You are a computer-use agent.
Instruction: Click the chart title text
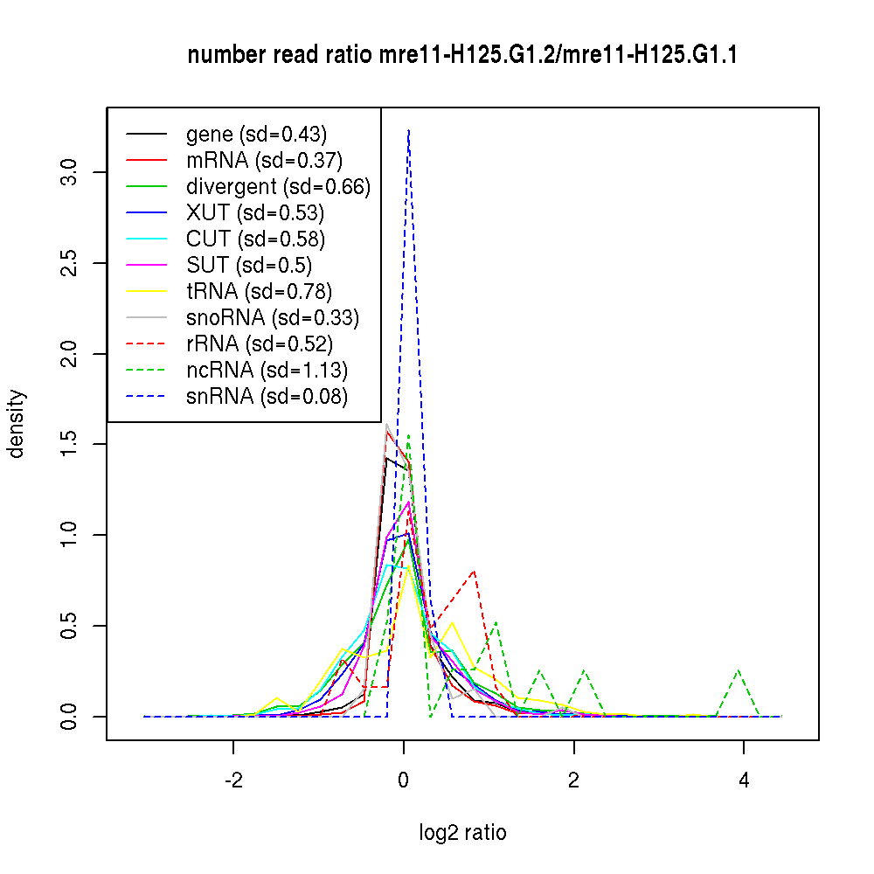pos(462,56)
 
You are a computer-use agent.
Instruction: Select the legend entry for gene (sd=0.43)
pos(256,135)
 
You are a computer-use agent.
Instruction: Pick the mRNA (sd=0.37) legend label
pos(264,161)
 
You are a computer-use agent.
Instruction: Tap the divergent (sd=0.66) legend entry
pos(278,187)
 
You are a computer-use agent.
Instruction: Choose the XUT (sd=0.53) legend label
pos(254,213)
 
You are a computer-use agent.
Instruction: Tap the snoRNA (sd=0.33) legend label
pos(273,318)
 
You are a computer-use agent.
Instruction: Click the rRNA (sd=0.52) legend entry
pos(260,344)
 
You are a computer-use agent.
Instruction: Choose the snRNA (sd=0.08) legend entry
pos(267,397)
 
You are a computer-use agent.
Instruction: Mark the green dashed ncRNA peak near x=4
pos(739,669)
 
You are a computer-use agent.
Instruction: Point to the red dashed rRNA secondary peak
pos(474,571)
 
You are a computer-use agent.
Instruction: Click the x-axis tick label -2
pos(233,781)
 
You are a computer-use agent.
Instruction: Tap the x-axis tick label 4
pos(744,781)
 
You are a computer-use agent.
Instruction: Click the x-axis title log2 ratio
pos(462,833)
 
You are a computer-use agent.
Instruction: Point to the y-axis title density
pos(17,423)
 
